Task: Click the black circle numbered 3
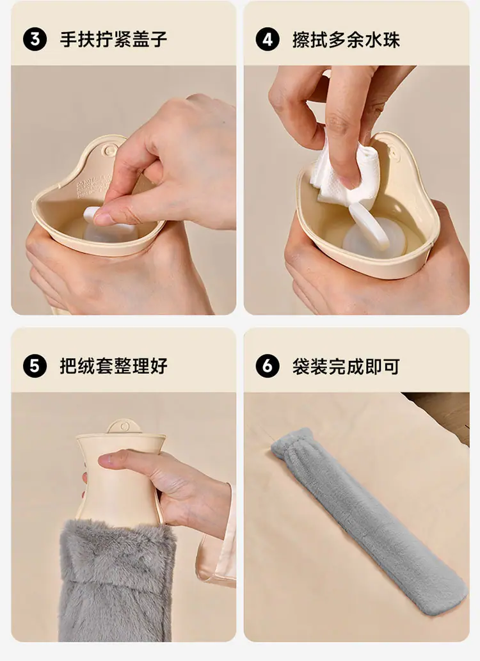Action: [35, 39]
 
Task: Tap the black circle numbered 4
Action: [268, 39]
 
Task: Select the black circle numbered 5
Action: [35, 365]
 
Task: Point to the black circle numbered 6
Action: [268, 365]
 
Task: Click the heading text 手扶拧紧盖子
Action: [113, 39]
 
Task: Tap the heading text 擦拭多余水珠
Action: [346, 40]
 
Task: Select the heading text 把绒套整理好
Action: [113, 366]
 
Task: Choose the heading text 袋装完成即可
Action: [346, 366]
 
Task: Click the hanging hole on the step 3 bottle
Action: [109, 150]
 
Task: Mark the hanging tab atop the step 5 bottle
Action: [124, 426]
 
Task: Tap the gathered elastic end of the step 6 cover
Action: [294, 445]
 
